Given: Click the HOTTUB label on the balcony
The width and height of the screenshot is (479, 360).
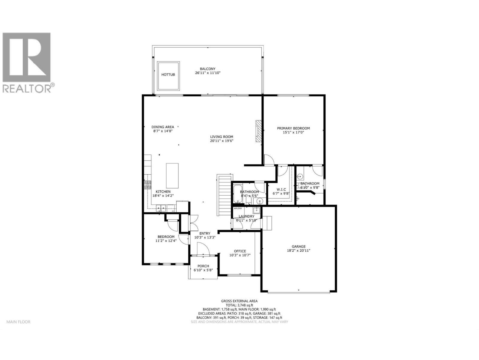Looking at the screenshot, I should (x=168, y=74).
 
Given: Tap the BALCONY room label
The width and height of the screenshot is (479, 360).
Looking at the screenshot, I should (x=207, y=69).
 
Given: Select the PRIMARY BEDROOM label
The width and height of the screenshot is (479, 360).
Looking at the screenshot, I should (x=293, y=128).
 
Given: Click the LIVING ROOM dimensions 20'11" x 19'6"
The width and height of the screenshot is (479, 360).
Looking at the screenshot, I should (x=222, y=141).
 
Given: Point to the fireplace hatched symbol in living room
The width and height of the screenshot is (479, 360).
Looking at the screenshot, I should (x=258, y=131).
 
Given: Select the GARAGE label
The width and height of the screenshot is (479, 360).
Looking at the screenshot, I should (x=298, y=247).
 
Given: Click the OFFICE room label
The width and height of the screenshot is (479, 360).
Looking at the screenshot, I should (x=240, y=251).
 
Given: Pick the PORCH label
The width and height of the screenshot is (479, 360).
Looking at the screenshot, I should (x=203, y=266).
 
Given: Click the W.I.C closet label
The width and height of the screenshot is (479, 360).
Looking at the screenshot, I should (x=281, y=189).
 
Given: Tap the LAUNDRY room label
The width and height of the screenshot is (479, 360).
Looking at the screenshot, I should (x=246, y=216).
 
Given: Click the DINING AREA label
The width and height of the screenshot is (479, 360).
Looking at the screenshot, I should (x=163, y=127).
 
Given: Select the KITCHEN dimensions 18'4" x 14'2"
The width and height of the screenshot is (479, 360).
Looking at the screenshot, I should (x=163, y=196).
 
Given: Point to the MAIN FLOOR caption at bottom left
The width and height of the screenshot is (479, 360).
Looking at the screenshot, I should (x=19, y=322).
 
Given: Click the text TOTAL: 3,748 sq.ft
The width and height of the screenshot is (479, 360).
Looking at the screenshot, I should (x=239, y=305).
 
